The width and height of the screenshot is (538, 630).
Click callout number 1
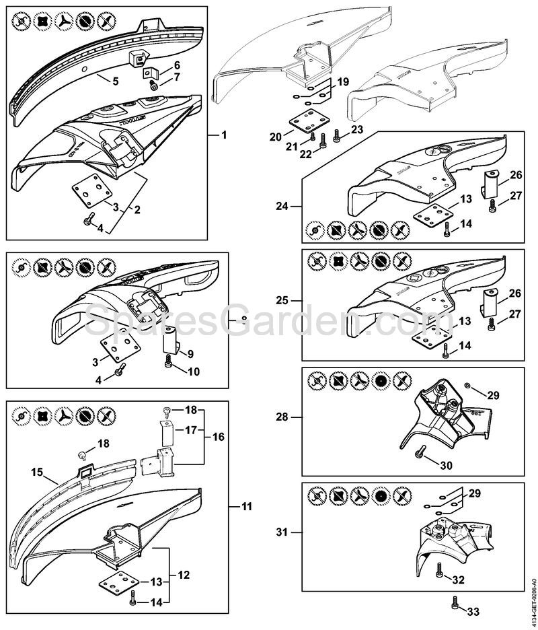[224, 135]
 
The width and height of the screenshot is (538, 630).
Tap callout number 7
[177, 78]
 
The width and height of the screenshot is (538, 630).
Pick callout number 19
[343, 81]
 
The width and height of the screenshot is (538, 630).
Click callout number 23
[356, 129]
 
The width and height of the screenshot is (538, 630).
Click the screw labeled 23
[336, 140]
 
